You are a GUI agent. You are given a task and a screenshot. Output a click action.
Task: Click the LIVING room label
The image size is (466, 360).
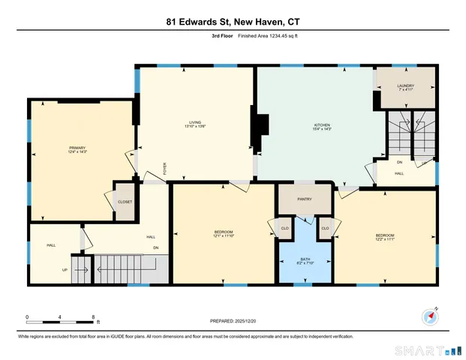click(x=194, y=123)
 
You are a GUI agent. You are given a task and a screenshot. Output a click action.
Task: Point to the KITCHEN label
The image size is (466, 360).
click(x=322, y=125)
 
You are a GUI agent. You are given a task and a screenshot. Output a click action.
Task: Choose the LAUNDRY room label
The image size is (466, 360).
click(x=406, y=87)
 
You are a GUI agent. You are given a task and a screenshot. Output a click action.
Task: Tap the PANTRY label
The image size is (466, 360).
click(x=305, y=199)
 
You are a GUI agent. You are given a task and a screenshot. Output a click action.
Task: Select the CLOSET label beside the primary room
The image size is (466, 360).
click(x=125, y=202)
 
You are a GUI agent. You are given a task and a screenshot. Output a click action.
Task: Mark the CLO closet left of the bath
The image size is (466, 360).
click(x=285, y=228)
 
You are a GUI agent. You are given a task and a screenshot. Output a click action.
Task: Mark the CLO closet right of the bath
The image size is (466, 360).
click(x=325, y=228)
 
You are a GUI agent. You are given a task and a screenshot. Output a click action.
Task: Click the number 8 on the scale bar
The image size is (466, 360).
click(x=92, y=317)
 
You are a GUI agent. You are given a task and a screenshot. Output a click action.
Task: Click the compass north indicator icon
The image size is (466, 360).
click(x=431, y=316)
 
